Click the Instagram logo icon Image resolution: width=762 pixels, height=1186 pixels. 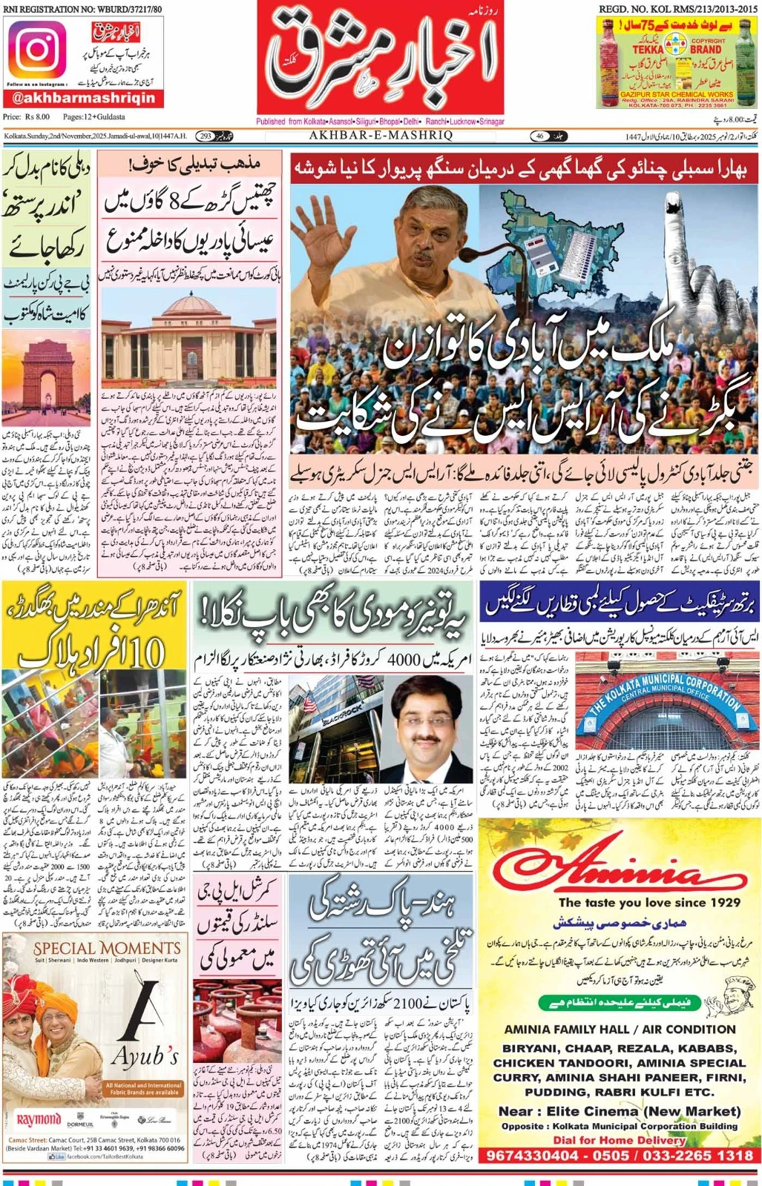coord(36,50)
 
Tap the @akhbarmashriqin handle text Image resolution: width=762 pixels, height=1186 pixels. coord(84,98)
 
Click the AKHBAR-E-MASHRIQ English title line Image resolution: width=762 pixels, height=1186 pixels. coord(381,136)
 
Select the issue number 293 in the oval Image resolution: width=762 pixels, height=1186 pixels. coord(206,136)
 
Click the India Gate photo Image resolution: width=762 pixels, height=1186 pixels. coord(47,378)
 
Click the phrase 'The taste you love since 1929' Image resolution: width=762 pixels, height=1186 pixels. coord(649,903)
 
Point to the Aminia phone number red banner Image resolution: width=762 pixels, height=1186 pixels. coord(620,1155)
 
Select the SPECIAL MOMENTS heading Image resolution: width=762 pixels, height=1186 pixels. coord(106,948)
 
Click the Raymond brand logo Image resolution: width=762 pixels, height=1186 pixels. coord(38,1120)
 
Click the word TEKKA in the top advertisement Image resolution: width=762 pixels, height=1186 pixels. coord(648,50)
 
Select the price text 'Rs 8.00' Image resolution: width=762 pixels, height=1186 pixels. coord(37,116)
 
